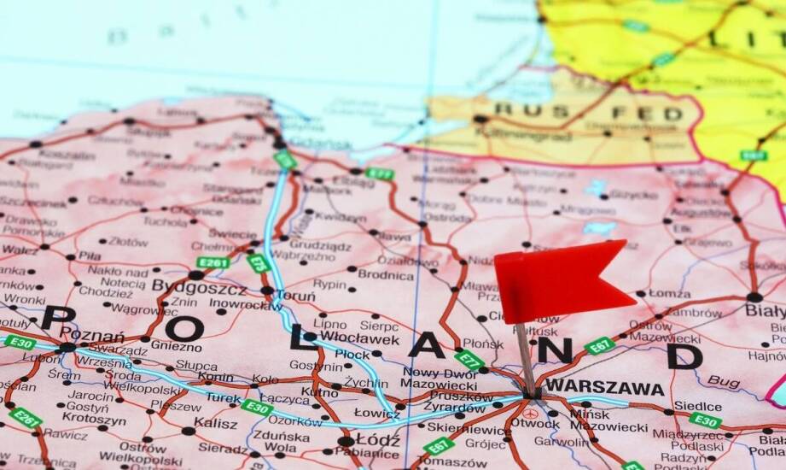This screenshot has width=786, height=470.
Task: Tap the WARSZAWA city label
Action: click(x=605, y=388)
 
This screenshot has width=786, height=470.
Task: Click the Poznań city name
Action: click(x=92, y=336)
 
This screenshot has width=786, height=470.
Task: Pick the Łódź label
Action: click(x=378, y=440)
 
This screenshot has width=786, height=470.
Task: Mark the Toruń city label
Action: click(x=296, y=297)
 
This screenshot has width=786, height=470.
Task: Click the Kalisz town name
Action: click(x=215, y=423)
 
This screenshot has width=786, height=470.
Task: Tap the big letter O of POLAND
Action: click(x=183, y=328)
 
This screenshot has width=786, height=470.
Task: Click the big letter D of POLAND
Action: click(x=684, y=355)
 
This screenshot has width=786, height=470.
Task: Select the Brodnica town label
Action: click(x=386, y=274)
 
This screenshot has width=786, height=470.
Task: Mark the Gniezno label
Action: click(x=177, y=347)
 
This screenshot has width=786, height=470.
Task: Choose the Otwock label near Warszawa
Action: click(x=535, y=423)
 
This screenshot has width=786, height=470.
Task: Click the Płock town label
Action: click(x=352, y=355)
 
